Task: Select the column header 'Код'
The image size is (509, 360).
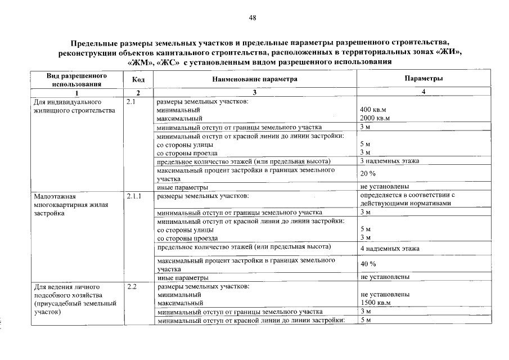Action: tap(138, 80)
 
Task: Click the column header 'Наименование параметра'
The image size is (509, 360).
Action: tap(254, 79)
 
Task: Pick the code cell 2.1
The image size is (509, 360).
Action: tap(132, 102)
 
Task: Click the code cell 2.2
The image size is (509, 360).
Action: tap(132, 286)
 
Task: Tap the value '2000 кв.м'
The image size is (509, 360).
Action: tap(376, 119)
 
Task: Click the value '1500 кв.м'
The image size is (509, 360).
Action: tap(376, 303)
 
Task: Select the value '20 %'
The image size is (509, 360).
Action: tap(368, 174)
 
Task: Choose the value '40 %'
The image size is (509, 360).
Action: tap(368, 264)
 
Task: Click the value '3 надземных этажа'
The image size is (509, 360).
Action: tap(390, 161)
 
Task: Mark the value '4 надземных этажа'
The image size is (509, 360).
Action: tap(390, 248)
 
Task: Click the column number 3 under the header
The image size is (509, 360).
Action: tap(254, 92)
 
